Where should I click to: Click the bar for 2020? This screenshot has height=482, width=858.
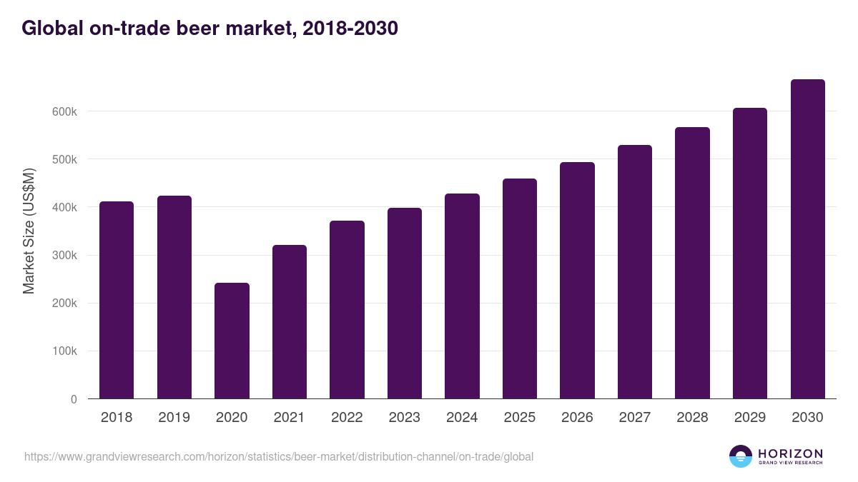(x=232, y=341)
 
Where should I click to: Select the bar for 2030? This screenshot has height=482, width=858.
(x=807, y=239)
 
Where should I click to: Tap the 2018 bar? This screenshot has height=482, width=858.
(x=117, y=300)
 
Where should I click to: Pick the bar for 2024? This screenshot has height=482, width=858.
(x=462, y=296)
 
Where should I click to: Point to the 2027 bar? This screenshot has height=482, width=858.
(x=635, y=272)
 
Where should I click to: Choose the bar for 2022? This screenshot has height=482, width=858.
(x=347, y=310)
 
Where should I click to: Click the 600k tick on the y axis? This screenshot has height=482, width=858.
(x=64, y=111)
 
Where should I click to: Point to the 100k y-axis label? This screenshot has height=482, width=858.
(x=64, y=351)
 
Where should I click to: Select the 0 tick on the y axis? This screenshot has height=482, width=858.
(x=74, y=399)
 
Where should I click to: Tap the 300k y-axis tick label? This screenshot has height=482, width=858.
(x=64, y=256)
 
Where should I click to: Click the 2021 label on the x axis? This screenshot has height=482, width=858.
(x=289, y=418)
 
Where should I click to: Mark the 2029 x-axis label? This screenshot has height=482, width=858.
(x=749, y=418)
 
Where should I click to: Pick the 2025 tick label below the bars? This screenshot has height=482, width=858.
(x=519, y=418)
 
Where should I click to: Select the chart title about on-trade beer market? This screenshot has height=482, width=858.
(x=209, y=29)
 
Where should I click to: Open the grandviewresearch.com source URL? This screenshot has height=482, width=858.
(x=278, y=456)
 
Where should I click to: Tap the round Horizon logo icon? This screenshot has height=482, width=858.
(x=741, y=456)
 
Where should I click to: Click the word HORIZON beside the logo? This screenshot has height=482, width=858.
(x=790, y=453)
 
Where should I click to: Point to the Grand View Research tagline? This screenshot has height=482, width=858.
(x=790, y=463)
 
